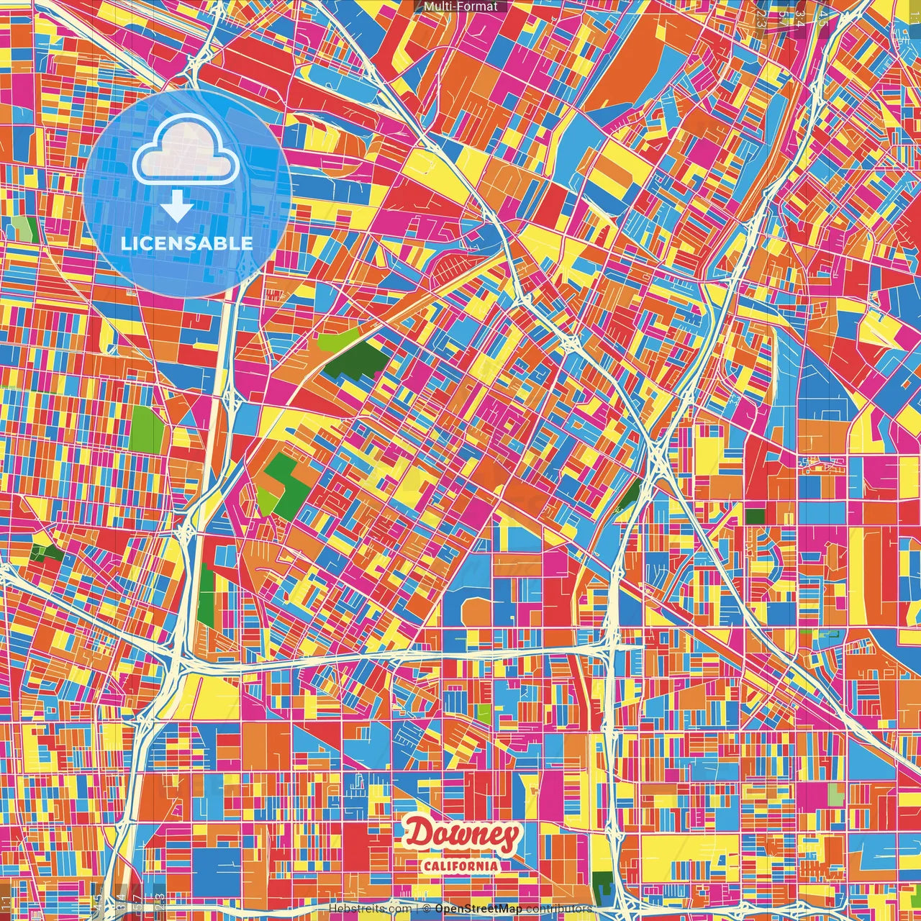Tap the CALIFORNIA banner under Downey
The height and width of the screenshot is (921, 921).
tap(462, 865)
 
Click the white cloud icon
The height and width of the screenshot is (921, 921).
tap(186, 149)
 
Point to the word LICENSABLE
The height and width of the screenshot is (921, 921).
tap(187, 243)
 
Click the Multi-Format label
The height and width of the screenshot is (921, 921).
tap(460, 6)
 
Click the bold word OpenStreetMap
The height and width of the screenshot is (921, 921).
tap(478, 909)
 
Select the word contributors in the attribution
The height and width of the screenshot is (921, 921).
tap(558, 909)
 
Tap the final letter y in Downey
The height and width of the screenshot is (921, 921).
tap(509, 838)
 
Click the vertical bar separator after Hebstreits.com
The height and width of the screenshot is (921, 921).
tap(417, 909)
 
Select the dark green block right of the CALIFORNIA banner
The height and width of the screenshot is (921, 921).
tap(602, 881)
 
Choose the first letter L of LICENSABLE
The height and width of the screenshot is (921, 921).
tap(125, 243)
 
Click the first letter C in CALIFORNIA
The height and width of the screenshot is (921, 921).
tap(427, 865)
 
